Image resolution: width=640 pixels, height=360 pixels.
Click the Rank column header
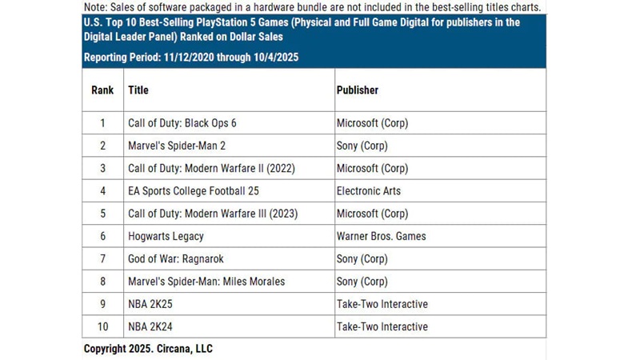click(102, 90)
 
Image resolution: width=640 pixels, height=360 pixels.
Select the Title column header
click(138, 90)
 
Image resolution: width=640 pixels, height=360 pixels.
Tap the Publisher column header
click(358, 90)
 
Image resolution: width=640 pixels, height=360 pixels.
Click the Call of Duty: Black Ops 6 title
click(182, 123)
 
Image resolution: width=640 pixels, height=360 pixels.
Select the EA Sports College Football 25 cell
click(194, 191)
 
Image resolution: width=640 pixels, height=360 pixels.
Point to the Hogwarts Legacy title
click(166, 236)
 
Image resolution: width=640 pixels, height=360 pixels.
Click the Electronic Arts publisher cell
click(369, 191)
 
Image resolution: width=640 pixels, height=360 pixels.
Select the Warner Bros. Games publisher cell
click(382, 236)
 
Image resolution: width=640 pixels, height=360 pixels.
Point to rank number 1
click(102, 123)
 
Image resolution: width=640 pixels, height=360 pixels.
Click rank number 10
click(102, 326)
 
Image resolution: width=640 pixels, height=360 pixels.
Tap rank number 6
click(102, 236)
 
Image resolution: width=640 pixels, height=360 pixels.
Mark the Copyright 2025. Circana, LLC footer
click(148, 349)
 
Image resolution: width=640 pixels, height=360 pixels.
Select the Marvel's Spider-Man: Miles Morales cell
click(206, 282)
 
